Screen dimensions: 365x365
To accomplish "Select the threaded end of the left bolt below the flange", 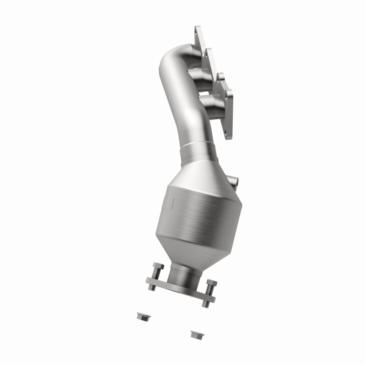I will [152, 286].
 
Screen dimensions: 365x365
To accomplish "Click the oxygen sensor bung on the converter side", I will [233, 181].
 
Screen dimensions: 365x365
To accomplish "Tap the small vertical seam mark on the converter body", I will [173, 202].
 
